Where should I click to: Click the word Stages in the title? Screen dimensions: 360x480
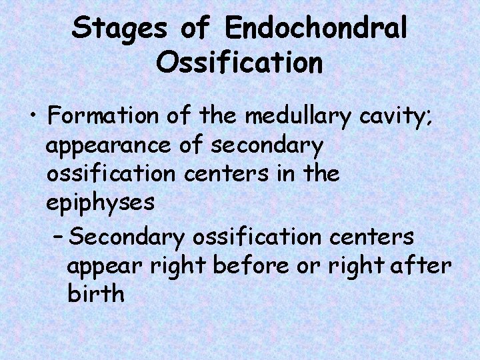(x=121, y=29)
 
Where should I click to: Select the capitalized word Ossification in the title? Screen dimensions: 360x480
(x=239, y=63)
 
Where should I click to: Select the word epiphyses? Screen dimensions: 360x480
(x=101, y=203)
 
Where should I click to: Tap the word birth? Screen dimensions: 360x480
(x=96, y=293)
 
